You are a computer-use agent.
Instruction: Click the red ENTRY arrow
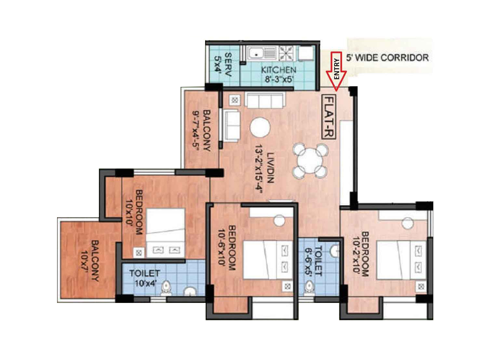pyautogui.click(x=336, y=71)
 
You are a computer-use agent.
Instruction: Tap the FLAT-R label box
pyautogui.click(x=329, y=117)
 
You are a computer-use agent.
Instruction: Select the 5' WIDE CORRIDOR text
pyautogui.click(x=388, y=58)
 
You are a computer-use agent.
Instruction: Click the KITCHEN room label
pyautogui.click(x=279, y=70)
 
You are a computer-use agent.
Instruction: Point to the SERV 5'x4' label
pyautogui.click(x=223, y=64)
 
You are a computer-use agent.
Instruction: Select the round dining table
pyautogui.click(x=310, y=160)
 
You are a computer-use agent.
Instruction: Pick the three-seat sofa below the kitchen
pyautogui.click(x=265, y=100)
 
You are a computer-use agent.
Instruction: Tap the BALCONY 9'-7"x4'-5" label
pyautogui.click(x=202, y=130)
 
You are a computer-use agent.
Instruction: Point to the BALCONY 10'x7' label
pyautogui.click(x=90, y=261)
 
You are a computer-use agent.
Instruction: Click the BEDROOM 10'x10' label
pyautogui.click(x=134, y=212)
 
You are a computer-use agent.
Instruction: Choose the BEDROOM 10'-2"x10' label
pyautogui.click(x=360, y=254)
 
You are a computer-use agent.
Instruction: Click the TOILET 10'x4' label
pyautogui.click(x=144, y=278)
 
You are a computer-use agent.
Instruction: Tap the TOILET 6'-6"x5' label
pyautogui.click(x=313, y=261)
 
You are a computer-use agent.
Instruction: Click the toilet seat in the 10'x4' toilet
pyautogui.click(x=166, y=288)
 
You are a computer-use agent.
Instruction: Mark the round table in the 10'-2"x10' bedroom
pyautogui.click(x=408, y=223)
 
